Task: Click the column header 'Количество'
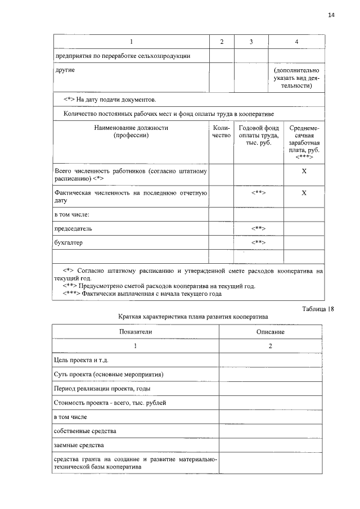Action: click(x=221, y=132)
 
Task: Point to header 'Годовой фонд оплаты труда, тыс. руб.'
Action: click(x=258, y=136)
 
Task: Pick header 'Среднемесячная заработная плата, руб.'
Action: click(x=304, y=143)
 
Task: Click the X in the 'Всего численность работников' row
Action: click(x=304, y=170)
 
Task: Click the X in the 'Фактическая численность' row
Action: click(x=304, y=193)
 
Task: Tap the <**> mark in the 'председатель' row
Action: click(x=258, y=229)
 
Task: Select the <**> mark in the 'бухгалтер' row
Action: click(x=258, y=243)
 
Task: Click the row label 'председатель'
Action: click(x=73, y=229)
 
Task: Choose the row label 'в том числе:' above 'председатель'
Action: click(x=72, y=214)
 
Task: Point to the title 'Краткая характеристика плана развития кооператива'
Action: click(x=193, y=317)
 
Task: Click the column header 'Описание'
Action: click(x=270, y=332)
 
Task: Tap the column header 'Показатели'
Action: click(x=136, y=332)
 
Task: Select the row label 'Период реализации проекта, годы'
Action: click(x=102, y=389)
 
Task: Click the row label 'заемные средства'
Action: click(x=79, y=445)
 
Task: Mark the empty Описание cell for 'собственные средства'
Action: click(x=270, y=431)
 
